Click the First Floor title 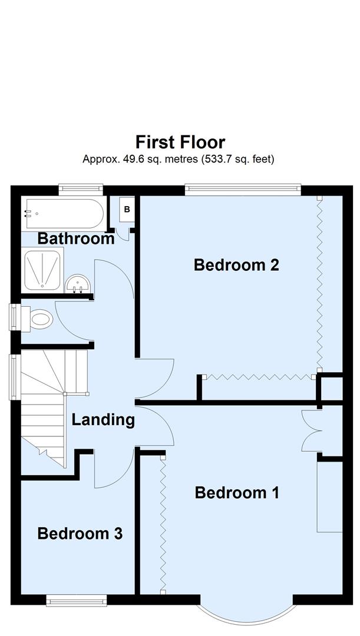(180, 143)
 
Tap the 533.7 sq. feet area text (237, 159)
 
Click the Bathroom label (75, 238)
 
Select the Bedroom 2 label (236, 265)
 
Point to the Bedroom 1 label (237, 492)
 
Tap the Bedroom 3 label (80, 534)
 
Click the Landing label (103, 420)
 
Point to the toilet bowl (39, 320)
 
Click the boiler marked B (127, 210)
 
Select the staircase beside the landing (47, 406)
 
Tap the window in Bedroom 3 (77, 601)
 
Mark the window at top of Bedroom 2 (242, 189)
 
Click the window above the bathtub (81, 189)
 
